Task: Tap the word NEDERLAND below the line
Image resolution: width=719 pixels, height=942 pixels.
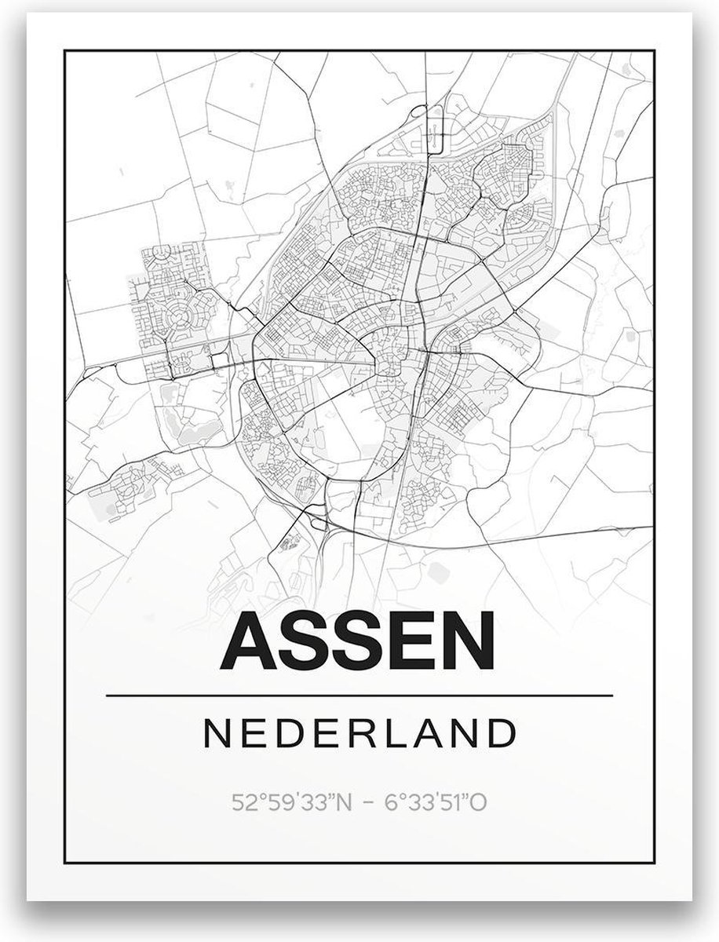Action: pos(359,734)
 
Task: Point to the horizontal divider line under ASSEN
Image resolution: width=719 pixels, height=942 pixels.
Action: pos(359,696)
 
